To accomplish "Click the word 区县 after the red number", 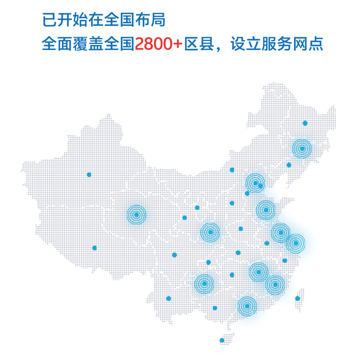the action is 200,44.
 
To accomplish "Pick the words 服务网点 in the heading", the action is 299,44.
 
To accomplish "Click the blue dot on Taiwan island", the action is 298,298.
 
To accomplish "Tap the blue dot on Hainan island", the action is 222,340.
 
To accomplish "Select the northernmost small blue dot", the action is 305,123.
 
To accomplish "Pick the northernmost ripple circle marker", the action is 302,148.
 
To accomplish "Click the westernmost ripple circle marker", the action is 136,215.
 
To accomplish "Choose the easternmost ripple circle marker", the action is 295,243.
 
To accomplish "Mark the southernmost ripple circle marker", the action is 247,306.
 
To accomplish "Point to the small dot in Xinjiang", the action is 89,174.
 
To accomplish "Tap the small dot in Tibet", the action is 94,248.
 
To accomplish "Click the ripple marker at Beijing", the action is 255,183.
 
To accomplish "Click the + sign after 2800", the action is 177,44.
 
